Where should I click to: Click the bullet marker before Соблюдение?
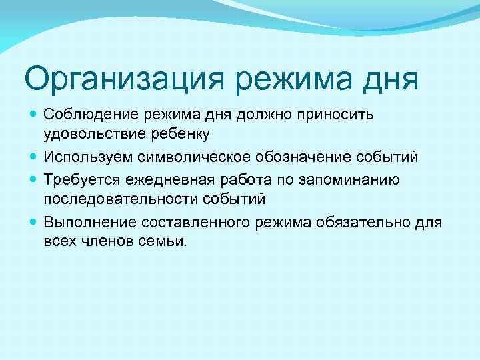[33, 114]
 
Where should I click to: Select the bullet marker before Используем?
[33, 157]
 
